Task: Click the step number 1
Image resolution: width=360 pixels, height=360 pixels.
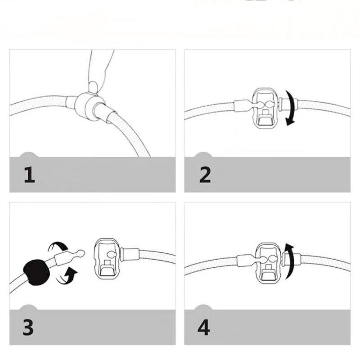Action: coord(29,175)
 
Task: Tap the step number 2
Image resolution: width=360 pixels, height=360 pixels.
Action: coord(205,175)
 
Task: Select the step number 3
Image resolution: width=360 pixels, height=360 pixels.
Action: coord(28,327)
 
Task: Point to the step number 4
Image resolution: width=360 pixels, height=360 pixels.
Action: coord(204,327)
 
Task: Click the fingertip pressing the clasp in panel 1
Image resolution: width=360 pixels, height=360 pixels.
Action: coord(93,87)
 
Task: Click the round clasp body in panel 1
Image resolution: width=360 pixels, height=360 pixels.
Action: coord(88,106)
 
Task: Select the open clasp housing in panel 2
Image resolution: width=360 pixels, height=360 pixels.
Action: coord(265,108)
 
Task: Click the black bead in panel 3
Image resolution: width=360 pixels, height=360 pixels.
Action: coord(36,273)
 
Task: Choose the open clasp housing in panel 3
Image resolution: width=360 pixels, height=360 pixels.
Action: coord(107,258)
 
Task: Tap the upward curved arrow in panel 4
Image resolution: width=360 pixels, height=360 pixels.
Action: coord(290,261)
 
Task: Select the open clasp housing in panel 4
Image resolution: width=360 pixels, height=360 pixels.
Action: coord(269,263)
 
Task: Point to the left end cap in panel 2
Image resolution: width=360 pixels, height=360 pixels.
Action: coord(241,106)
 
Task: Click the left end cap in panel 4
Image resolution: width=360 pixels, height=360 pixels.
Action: coord(245,261)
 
